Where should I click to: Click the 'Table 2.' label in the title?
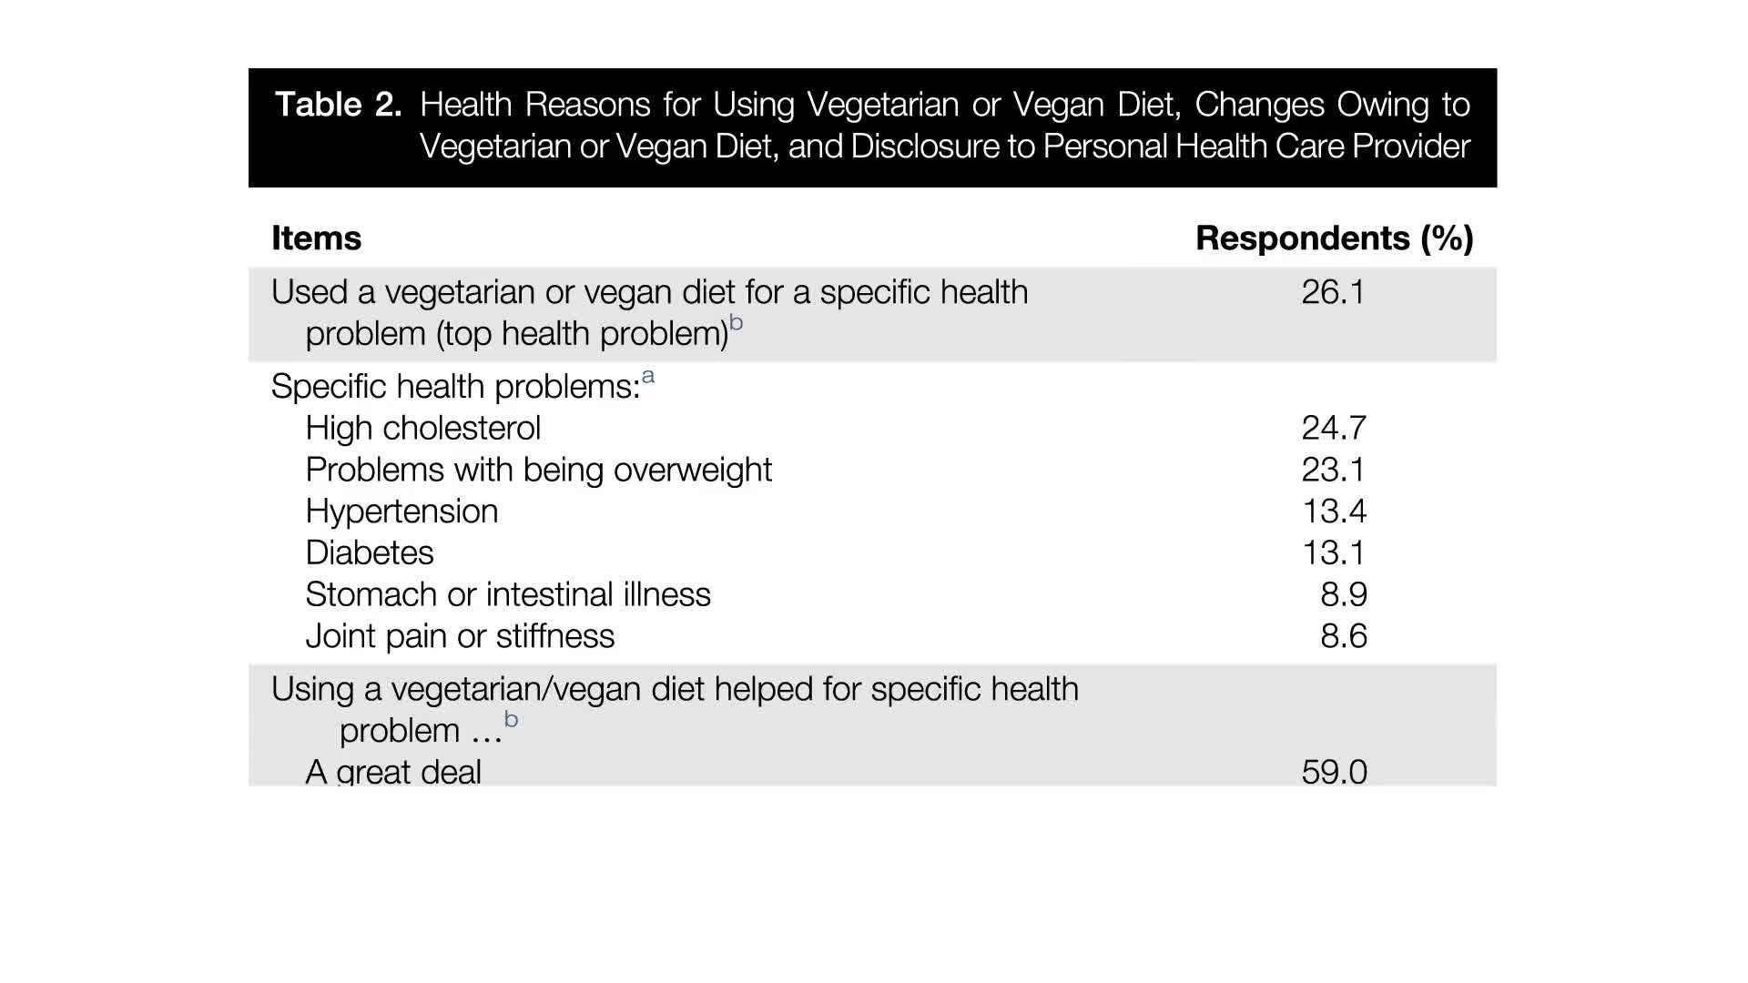tap(339, 105)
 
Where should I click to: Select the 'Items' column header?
tap(316, 238)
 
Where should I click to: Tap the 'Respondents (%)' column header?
tap(1334, 238)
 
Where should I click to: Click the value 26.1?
tap(1333, 292)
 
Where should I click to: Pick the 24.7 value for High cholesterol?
tap(1333, 428)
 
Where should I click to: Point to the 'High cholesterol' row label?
tap(423, 428)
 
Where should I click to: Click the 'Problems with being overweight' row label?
tap(538, 470)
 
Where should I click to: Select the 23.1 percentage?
tap(1333, 470)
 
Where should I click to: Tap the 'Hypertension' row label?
tap(401, 512)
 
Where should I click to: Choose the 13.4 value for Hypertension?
tap(1334, 512)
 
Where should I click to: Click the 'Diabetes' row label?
tap(370, 552)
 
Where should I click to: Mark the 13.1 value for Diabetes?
tap(1334, 552)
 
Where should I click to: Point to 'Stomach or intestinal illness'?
tap(508, 594)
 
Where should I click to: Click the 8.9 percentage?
tap(1343, 594)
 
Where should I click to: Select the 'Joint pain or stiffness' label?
tap(460, 636)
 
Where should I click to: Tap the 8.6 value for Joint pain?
tap(1343, 636)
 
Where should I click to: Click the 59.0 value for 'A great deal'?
tap(1334, 772)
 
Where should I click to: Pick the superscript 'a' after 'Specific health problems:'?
tap(648, 376)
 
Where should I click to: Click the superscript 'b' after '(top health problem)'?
tap(737, 322)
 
